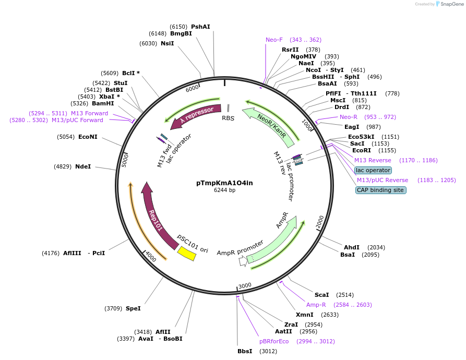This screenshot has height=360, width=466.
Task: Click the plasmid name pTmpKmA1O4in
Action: pos(224,183)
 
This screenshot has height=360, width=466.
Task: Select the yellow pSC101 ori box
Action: pos(186,254)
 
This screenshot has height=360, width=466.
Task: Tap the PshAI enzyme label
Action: pos(200,27)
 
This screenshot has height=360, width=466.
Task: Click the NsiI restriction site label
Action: pos(167,43)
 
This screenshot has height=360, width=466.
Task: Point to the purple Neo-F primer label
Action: pos(274,40)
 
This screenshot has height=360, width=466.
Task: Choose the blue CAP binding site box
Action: pos(381,190)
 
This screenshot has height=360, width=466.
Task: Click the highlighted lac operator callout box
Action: pos(373,170)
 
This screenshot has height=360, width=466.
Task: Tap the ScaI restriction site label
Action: pos(321,295)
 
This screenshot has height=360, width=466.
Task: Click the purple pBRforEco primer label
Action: pos(274,341)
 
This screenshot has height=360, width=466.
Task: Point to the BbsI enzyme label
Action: pos(245,351)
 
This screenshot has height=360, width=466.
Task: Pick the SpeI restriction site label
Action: pos(133,308)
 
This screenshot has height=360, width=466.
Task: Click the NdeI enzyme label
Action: pos(83,166)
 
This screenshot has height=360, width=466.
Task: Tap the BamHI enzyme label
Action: pos(103,103)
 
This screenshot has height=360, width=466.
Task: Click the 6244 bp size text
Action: pos(224,190)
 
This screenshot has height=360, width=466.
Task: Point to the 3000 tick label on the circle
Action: pos(245,285)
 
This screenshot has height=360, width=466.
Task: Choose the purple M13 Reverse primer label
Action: pos(373,160)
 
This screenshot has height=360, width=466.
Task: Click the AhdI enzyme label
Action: pos(352,247)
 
